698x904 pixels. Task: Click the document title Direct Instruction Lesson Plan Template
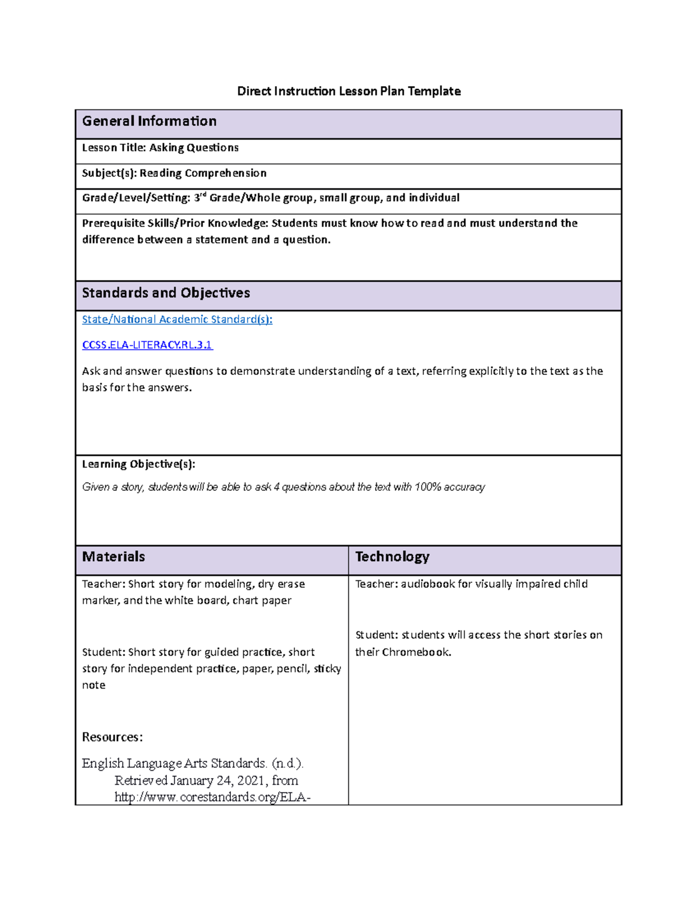(348, 91)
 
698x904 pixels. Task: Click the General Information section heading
(149, 121)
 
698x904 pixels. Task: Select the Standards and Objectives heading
(166, 293)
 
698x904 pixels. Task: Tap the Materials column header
(113, 556)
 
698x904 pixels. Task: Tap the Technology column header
(392, 556)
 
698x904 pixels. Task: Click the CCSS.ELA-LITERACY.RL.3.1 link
(147, 345)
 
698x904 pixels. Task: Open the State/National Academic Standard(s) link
(177, 320)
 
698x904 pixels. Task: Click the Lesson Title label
(113, 148)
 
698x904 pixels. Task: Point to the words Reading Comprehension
(203, 173)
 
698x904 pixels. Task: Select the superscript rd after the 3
(204, 194)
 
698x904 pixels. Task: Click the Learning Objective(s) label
(138, 464)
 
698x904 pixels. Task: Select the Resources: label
(112, 737)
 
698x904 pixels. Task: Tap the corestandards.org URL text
(212, 797)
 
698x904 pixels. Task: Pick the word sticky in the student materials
(327, 669)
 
